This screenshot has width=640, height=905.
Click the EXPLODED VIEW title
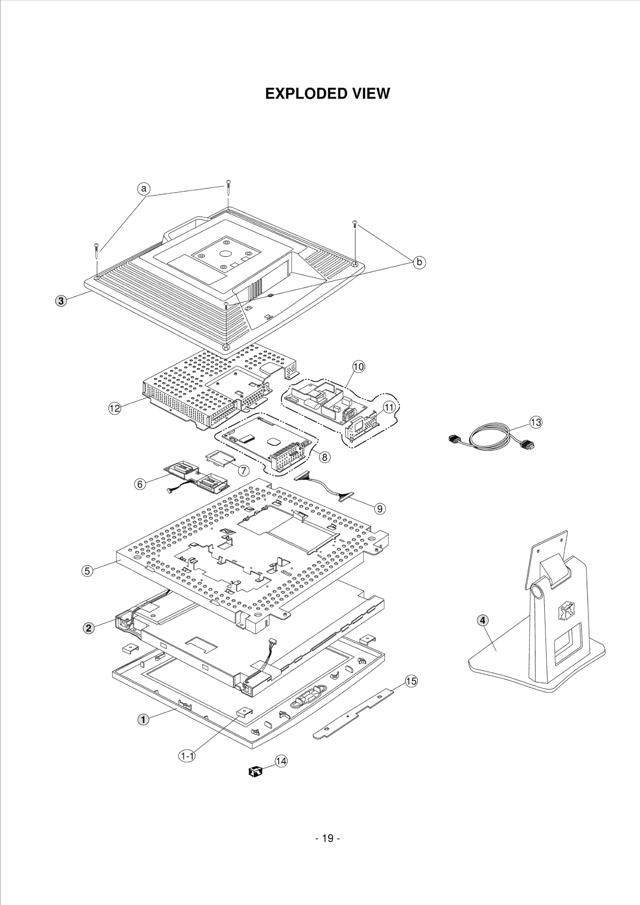(x=327, y=94)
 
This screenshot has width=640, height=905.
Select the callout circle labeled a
(x=144, y=188)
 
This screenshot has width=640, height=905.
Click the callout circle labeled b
(x=419, y=262)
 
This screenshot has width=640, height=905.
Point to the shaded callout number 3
(x=60, y=301)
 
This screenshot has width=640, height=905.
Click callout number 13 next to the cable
(x=536, y=422)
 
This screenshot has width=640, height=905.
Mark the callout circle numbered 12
(x=115, y=408)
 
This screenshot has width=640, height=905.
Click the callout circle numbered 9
(x=380, y=508)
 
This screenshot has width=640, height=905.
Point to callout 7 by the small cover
(x=244, y=470)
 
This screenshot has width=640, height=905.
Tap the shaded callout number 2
(x=89, y=628)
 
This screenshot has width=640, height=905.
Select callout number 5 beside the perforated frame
(x=87, y=571)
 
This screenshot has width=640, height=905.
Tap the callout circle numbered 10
(x=358, y=367)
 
